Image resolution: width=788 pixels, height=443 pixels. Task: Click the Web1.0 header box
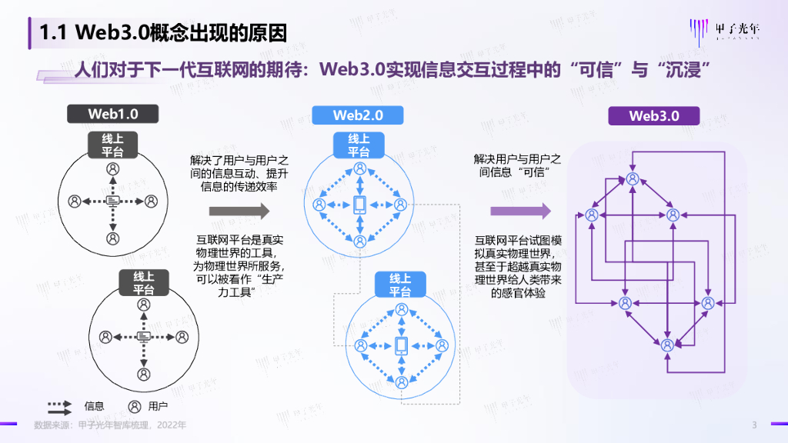[113, 114]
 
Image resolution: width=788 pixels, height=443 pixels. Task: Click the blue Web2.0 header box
[358, 115]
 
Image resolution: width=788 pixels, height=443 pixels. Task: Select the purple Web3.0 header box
[654, 116]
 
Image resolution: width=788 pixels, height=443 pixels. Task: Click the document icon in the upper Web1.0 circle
[113, 202]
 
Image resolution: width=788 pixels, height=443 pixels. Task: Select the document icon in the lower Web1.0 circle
[143, 337]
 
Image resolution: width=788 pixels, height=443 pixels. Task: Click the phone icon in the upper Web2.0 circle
[359, 205]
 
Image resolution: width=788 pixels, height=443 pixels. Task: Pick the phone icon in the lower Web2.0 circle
[400, 345]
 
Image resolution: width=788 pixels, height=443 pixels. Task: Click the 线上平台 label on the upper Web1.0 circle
[113, 145]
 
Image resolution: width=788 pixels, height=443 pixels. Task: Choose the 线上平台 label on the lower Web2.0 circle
[400, 285]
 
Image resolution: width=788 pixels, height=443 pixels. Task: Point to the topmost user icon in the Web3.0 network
[633, 178]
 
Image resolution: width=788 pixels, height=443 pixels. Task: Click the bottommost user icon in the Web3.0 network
[667, 344]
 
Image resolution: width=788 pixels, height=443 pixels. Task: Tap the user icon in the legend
[135, 406]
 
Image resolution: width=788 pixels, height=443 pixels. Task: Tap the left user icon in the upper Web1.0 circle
[75, 202]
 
